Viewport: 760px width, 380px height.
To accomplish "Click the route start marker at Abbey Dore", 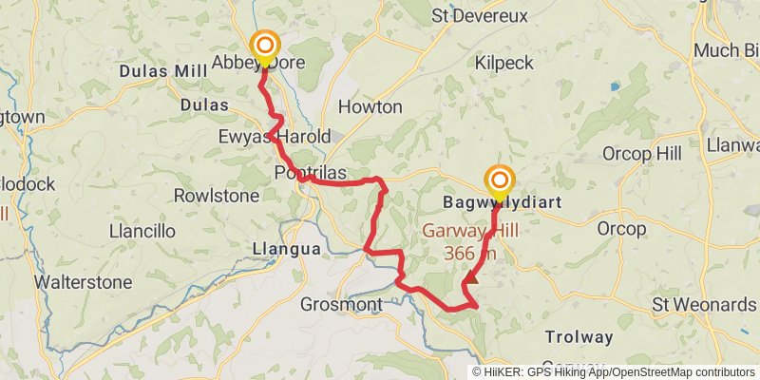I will [x=264, y=46].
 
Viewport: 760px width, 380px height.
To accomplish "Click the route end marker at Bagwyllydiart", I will [x=500, y=180].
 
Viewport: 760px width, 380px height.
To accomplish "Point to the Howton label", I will [x=370, y=106].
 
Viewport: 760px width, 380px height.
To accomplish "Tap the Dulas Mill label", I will [x=163, y=71].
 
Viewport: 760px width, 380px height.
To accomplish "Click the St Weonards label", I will [x=704, y=305].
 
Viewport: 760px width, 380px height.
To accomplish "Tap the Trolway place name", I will [x=579, y=337].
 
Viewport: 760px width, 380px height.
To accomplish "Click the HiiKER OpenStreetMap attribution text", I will [x=614, y=371].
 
